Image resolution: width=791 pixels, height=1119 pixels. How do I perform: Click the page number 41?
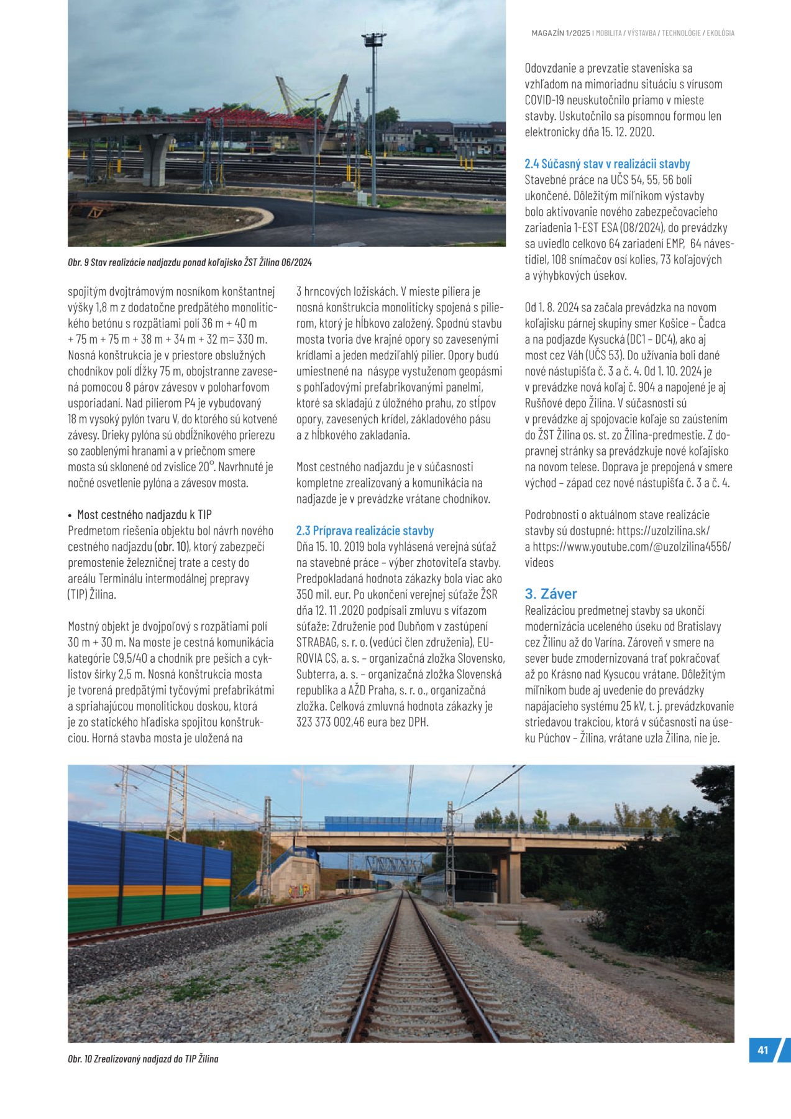tap(762, 1050)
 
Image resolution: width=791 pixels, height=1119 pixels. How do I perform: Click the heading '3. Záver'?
tap(551, 594)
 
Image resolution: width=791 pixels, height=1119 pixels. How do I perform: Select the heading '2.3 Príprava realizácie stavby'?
tap(365, 531)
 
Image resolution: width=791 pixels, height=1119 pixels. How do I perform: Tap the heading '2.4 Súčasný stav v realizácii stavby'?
tap(607, 164)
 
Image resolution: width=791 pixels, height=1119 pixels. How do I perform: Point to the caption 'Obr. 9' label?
tap(78, 263)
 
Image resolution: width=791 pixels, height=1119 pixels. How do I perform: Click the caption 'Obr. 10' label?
tap(80, 1059)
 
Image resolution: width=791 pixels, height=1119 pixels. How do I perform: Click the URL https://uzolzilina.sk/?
tap(663, 531)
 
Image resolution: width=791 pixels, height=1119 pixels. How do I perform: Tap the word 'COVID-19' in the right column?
tap(546, 100)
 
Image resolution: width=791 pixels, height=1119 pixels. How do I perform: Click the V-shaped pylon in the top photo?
tap(314, 106)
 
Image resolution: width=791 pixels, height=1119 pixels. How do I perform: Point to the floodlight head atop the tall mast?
tap(373, 40)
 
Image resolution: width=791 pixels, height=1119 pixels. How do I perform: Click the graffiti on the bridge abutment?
tap(298, 891)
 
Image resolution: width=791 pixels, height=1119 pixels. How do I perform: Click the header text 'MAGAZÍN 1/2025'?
tap(560, 33)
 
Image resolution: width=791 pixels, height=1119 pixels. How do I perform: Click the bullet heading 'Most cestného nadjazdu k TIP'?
tap(144, 515)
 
